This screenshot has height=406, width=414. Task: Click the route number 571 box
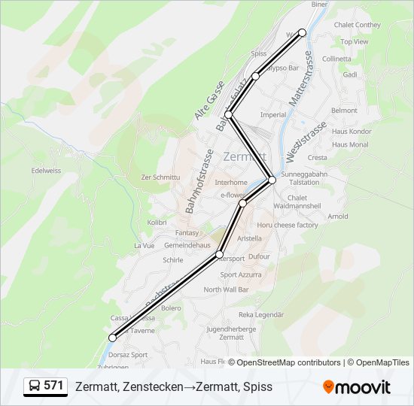coord(45,386)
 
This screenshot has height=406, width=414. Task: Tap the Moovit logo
coord(357,387)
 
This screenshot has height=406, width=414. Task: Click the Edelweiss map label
coord(46,170)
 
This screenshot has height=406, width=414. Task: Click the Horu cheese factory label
coord(287,225)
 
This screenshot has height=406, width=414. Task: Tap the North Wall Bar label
coord(226,289)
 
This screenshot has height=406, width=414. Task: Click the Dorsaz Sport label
coord(128,354)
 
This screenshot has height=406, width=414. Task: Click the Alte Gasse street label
coord(209,100)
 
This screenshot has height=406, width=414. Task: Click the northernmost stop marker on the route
coord(303,32)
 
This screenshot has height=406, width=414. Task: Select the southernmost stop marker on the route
coord(113,338)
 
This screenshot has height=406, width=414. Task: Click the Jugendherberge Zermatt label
coord(231,332)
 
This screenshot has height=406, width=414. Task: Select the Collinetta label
coord(336,59)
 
